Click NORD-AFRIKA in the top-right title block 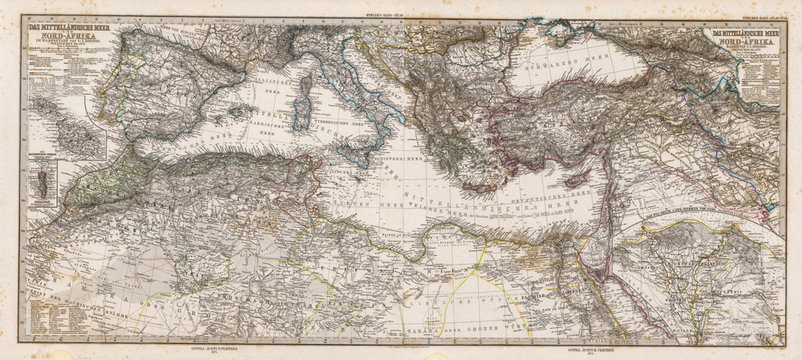[x=743, y=46]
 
